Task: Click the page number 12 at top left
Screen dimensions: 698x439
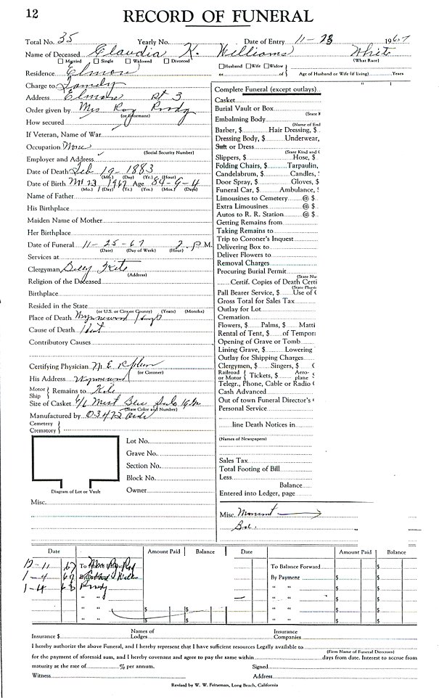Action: click(x=14, y=12)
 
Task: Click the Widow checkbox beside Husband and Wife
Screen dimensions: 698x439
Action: click(x=266, y=66)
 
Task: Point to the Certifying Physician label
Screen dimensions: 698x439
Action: click(x=62, y=366)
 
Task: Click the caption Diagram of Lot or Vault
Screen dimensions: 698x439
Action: click(x=70, y=491)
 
